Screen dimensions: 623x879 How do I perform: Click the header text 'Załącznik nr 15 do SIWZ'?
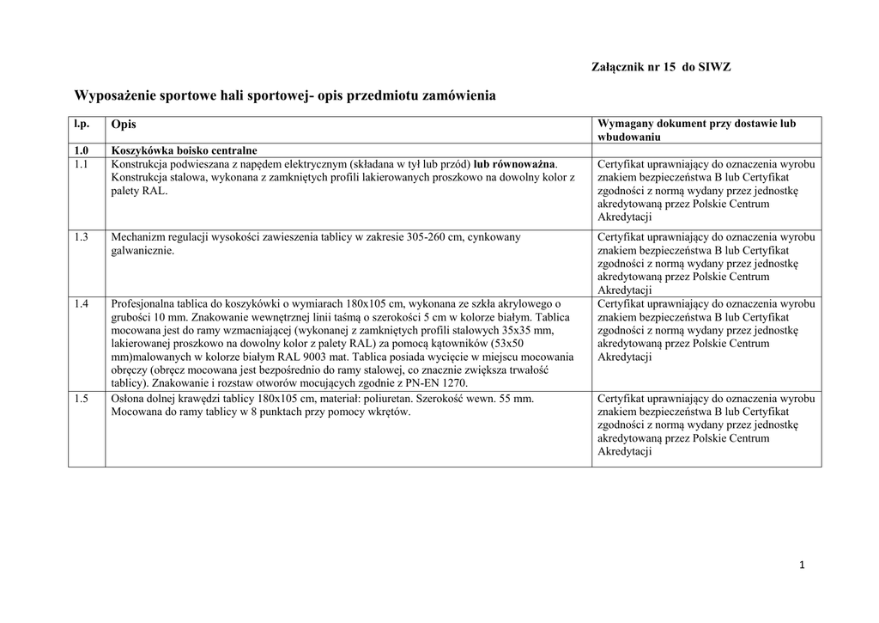point(661,67)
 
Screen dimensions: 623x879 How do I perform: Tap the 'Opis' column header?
point(124,125)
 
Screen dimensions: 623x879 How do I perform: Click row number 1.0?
point(82,150)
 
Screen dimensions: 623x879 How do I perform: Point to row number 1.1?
point(82,163)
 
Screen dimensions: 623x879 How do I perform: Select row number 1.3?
point(82,236)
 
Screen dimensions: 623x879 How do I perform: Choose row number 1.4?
point(82,303)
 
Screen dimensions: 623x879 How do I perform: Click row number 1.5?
point(82,398)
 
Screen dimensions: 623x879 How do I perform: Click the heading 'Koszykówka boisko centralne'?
point(184,150)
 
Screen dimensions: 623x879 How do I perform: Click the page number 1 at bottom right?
point(801,565)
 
